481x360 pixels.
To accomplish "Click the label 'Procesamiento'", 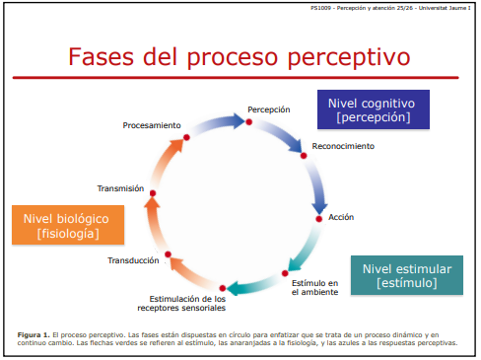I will [152, 125].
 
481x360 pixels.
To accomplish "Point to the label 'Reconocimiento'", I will [343, 146].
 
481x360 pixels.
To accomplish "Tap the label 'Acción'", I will [341, 216].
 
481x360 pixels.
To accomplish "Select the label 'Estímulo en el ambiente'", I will [314, 287].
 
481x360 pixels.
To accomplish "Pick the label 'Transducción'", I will [133, 260].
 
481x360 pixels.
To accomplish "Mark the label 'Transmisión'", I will [121, 187].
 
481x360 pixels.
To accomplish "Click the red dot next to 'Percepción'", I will [249, 122].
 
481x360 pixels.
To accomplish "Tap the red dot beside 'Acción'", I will [318, 217].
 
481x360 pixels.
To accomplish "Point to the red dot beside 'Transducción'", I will [169, 255].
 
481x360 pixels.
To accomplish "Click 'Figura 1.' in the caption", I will [33, 334].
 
